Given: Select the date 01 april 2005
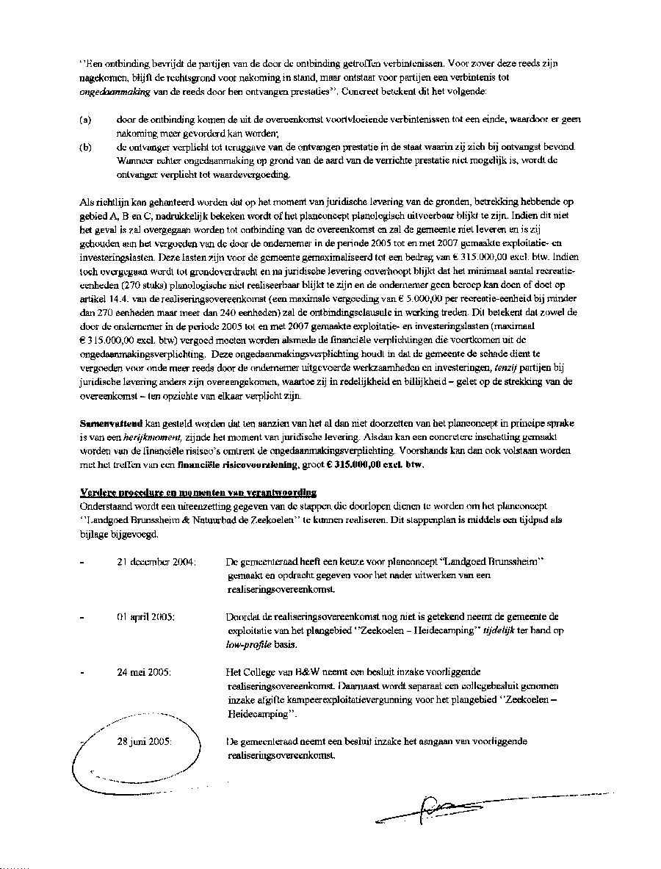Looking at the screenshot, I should (x=145, y=617).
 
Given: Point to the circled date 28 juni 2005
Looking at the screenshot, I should (x=144, y=741).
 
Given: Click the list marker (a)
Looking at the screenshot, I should (x=85, y=119).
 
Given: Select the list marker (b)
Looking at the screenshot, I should (x=85, y=147).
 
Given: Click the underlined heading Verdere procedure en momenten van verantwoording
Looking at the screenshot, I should (x=198, y=492).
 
